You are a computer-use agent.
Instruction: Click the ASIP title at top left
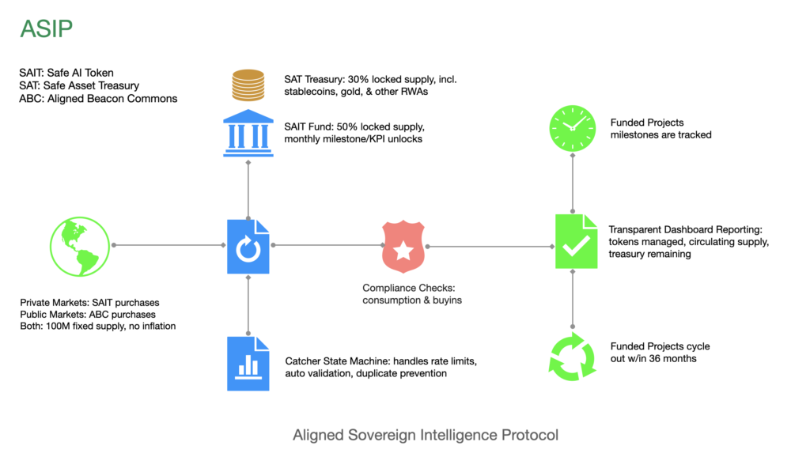(x=47, y=28)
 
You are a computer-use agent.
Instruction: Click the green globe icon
(x=79, y=245)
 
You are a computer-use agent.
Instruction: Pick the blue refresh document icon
(x=248, y=247)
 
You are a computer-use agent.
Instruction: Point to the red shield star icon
(x=403, y=247)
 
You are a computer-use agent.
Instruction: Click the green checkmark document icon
(x=575, y=242)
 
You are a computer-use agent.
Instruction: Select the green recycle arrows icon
(x=572, y=357)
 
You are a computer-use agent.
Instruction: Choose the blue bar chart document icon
(x=248, y=363)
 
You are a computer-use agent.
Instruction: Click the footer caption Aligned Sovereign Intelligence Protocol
(x=426, y=435)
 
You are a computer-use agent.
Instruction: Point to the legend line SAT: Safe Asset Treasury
(x=79, y=85)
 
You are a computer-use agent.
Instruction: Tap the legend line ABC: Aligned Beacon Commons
(x=98, y=99)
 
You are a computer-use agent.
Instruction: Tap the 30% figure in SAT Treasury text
(x=361, y=79)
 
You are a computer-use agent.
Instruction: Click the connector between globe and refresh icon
(x=170, y=245)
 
